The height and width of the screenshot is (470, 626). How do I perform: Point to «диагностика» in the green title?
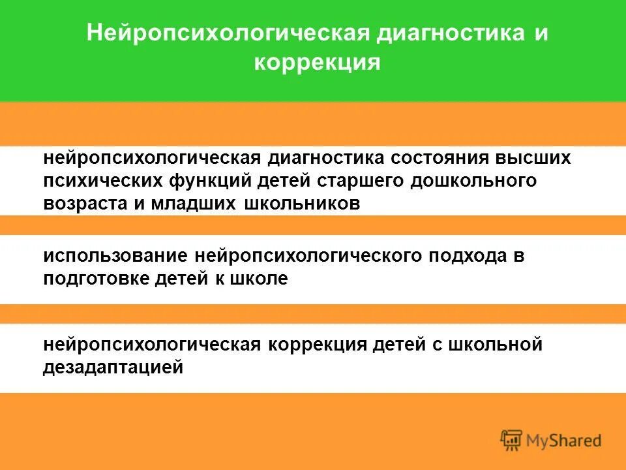449,34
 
